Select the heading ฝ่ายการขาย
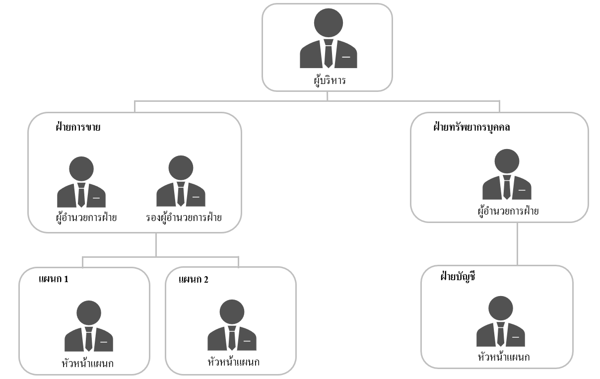pyautogui.click(x=78, y=127)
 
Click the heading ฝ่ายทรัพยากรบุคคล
pyautogui.click(x=471, y=127)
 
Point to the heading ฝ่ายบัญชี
pyautogui.click(x=458, y=277)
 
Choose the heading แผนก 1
pyautogui.click(x=53, y=279)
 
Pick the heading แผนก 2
pyautogui.click(x=193, y=279)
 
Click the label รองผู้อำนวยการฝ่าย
pyautogui.click(x=184, y=218)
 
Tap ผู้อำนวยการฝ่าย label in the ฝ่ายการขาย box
pyautogui.click(x=86, y=218)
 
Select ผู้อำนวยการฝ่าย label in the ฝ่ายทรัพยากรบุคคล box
pyautogui.click(x=508, y=212)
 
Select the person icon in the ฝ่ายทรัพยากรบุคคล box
pyautogui.click(x=507, y=174)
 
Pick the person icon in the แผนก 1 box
pyautogui.click(x=89, y=326)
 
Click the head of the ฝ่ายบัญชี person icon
pyautogui.click(x=500, y=308)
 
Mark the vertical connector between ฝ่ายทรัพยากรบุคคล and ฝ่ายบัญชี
pyautogui.click(x=517, y=243)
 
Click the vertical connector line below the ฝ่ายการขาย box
pyautogui.click(x=156, y=244)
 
